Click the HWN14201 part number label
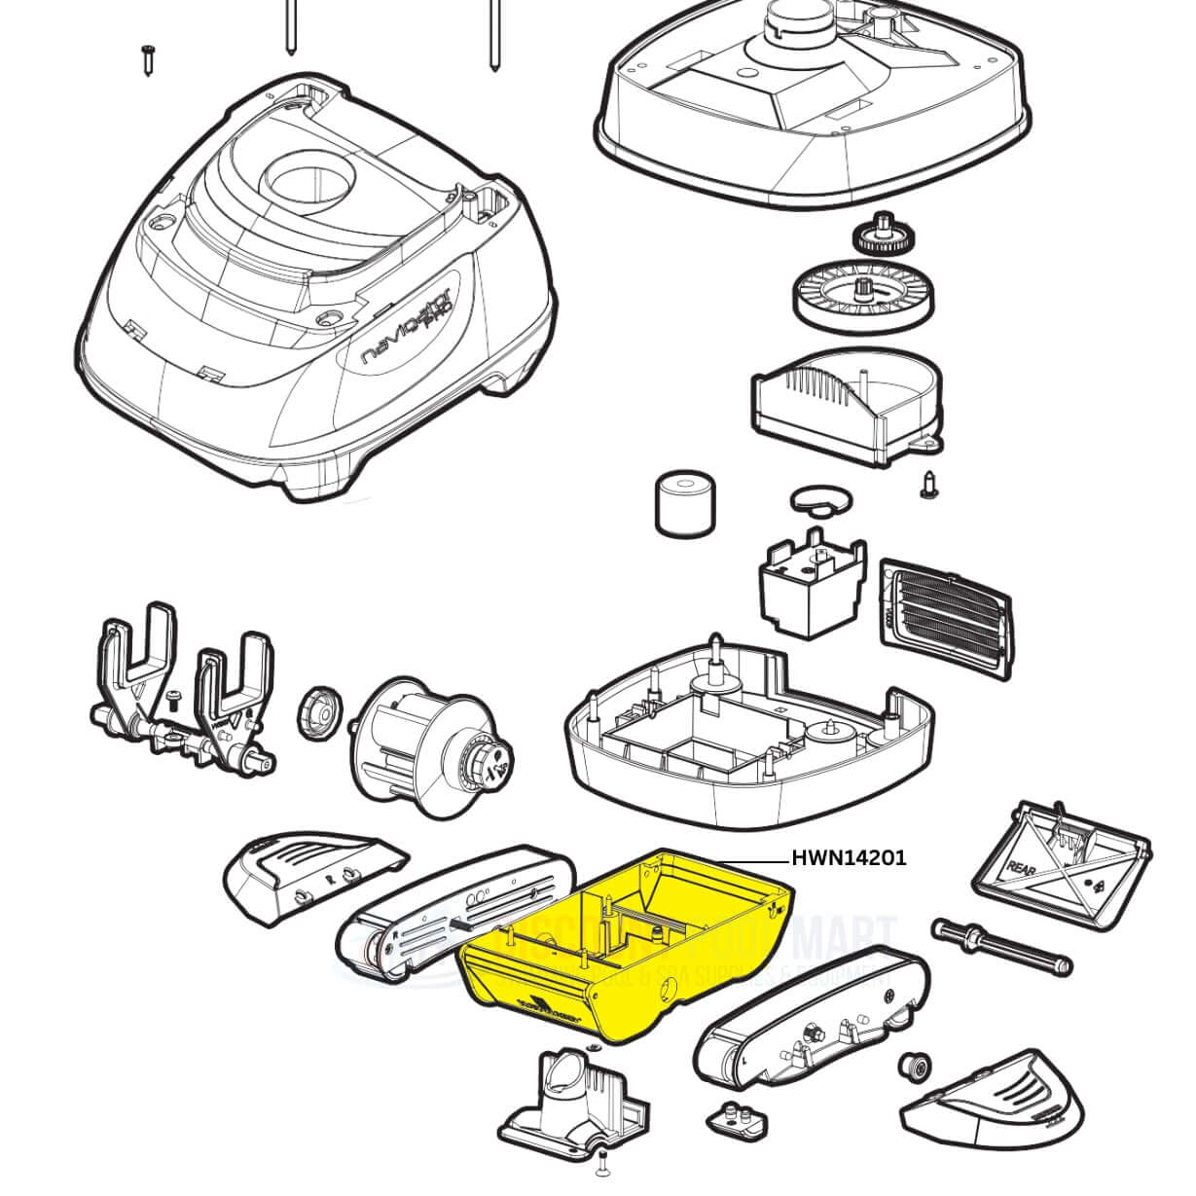coord(849,857)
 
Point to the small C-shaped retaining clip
coord(819,500)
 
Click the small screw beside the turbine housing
coord(928,483)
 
